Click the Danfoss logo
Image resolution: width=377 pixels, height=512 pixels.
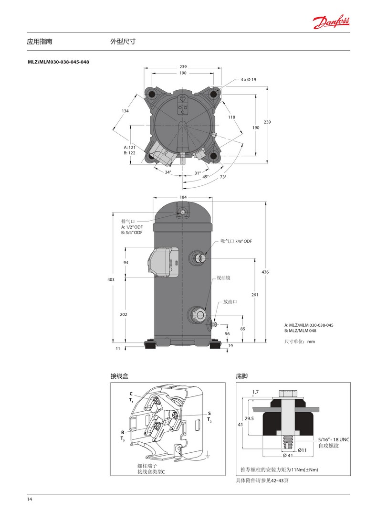pyautogui.click(x=331, y=22)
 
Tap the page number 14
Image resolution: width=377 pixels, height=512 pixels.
pyautogui.click(x=30, y=499)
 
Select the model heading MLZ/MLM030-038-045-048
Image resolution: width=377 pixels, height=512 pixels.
pyautogui.click(x=58, y=62)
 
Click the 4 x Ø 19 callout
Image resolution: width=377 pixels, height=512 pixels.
pyautogui.click(x=248, y=79)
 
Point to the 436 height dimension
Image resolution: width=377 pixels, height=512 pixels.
pyautogui.click(x=265, y=272)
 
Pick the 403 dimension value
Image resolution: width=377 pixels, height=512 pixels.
pyautogui.click(x=111, y=279)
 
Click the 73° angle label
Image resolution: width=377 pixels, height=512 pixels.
pyautogui.click(x=223, y=177)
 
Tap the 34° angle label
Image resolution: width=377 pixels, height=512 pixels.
pyautogui.click(x=168, y=172)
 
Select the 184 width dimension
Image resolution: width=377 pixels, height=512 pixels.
pyautogui.click(x=183, y=197)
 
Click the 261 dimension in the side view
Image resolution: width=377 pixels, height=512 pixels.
pyautogui.click(x=255, y=295)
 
